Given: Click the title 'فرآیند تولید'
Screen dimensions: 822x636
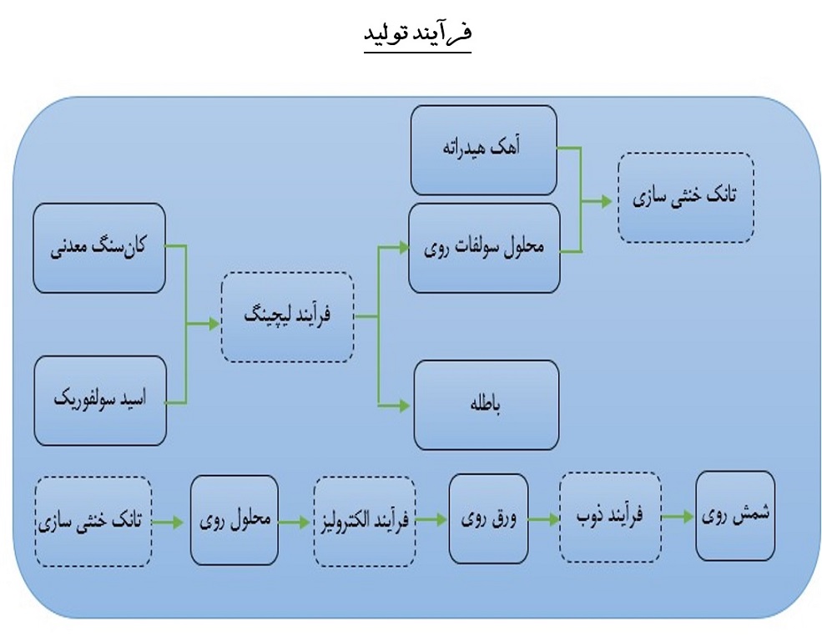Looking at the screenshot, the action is pos(418,33).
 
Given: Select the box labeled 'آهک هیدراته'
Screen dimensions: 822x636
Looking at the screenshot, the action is pos(483,150).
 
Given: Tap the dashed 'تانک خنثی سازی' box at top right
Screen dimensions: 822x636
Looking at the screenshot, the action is pos(686,198).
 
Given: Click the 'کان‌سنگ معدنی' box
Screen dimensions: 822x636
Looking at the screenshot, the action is pos(99,248).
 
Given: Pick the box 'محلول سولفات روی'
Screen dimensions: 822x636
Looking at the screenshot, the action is pos(484,248).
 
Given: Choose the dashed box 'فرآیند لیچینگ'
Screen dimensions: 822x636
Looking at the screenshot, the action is pos(287,317).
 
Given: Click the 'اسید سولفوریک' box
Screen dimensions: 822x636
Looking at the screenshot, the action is pos(100,401).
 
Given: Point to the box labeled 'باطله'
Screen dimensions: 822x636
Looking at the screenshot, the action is pos(486,405).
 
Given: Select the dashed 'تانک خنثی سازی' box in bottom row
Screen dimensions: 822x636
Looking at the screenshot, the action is pos(93,522).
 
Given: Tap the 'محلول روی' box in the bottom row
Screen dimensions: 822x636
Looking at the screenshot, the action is pos(234,520).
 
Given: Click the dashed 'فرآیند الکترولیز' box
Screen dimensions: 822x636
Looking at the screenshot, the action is pos(365,522).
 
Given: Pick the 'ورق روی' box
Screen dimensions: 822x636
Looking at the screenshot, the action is pos(488,519).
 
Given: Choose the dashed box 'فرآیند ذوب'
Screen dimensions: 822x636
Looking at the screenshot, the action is pos(610,517).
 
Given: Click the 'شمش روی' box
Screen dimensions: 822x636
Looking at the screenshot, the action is pos(735,516).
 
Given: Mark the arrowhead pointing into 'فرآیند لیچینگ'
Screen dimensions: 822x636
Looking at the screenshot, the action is pos(214,324).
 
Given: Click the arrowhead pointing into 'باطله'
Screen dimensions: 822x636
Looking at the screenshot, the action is pos(404,406).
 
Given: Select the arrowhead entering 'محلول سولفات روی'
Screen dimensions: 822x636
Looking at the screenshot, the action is pos(404,248).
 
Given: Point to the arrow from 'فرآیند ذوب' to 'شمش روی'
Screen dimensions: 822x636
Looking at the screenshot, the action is pos(678,517).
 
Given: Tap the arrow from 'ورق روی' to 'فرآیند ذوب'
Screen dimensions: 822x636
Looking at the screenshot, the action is pos(544,520).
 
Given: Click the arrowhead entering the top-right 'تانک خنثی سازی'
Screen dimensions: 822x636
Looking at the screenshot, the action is pos(607,201).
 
